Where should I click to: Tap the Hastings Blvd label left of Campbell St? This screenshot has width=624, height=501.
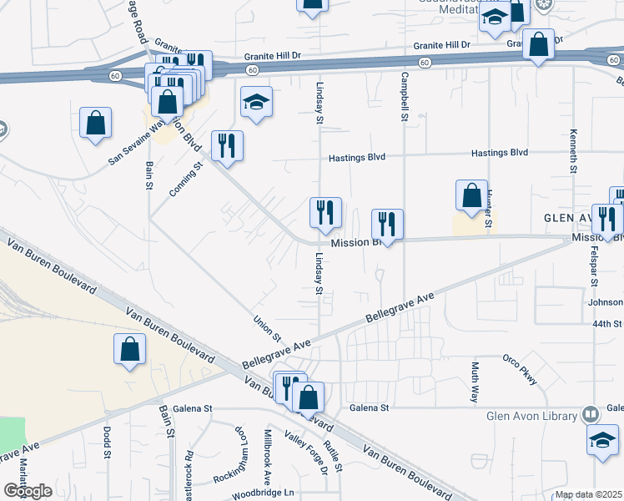[356, 157]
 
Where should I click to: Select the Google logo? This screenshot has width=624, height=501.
[28, 490]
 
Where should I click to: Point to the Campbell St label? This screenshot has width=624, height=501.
[404, 96]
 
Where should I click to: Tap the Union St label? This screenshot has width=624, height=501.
[267, 328]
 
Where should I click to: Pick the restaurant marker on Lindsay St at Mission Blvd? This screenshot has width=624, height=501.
[325, 214]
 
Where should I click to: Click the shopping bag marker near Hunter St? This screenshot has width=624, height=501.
[471, 196]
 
